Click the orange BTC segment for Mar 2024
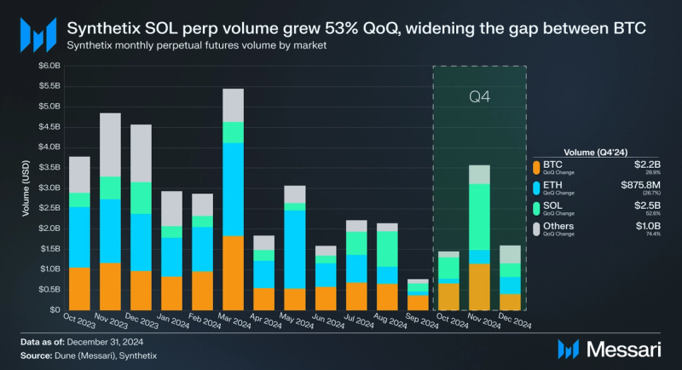pyautogui.click(x=234, y=272)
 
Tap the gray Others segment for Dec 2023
pyautogui.click(x=142, y=153)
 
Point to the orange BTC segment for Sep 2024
pyautogui.click(x=418, y=302)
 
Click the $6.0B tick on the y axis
pyautogui.click(x=49, y=66)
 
